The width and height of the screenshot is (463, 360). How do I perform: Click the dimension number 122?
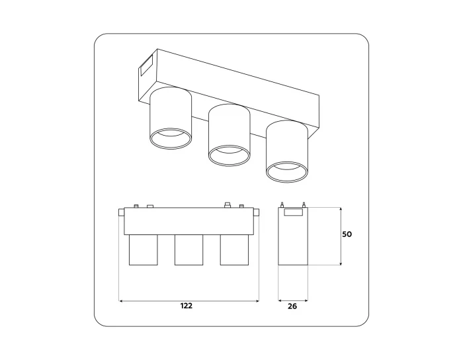click(188, 306)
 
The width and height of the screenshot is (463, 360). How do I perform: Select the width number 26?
click(292, 306)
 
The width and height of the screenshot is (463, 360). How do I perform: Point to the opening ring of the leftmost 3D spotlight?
click(171, 138)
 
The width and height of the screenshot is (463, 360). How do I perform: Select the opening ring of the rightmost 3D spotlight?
click(287, 172)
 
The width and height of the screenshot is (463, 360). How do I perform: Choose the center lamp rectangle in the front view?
click(189, 249)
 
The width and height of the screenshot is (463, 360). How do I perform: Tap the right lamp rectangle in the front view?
click(233, 249)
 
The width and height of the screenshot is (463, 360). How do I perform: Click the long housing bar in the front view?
click(189, 222)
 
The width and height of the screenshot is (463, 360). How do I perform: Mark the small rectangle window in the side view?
click(292, 212)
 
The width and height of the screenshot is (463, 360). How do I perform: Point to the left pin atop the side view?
click(282, 204)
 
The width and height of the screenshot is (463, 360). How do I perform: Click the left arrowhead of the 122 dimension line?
click(120, 300)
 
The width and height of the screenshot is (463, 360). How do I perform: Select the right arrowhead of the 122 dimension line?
click(257, 300)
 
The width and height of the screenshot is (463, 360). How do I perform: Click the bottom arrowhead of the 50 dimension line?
click(340, 263)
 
